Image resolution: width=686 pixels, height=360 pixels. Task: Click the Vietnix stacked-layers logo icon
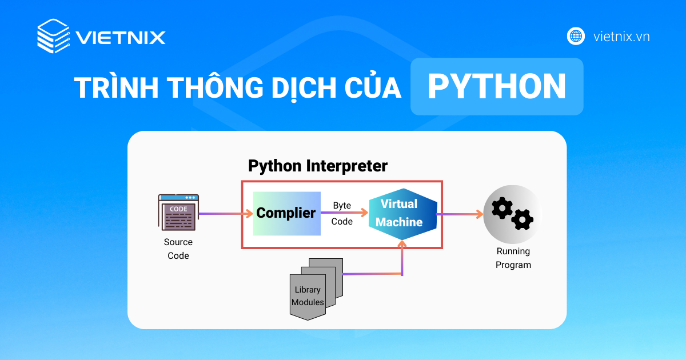53,37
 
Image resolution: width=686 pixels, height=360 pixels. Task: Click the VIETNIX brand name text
121,38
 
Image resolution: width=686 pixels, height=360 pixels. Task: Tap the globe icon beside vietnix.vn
576,36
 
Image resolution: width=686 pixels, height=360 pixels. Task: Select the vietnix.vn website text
621,37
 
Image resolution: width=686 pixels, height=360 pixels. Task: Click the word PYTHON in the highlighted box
496,87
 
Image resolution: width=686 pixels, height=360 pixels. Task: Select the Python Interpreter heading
317,166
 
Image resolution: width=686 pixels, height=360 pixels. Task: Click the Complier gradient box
286,214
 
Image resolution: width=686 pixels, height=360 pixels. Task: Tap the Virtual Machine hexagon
402,213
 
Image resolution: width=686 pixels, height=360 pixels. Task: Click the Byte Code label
342,213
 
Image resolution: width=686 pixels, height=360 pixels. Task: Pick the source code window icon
178,213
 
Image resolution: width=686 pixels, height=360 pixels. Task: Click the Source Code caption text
178,249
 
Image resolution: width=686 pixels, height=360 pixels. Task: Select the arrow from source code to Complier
225,214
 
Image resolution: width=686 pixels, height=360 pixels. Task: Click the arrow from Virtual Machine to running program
460,214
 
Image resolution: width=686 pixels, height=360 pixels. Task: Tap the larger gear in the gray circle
502,208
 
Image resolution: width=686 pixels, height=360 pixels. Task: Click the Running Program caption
513,258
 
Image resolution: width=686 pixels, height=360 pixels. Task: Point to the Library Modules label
308,295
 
